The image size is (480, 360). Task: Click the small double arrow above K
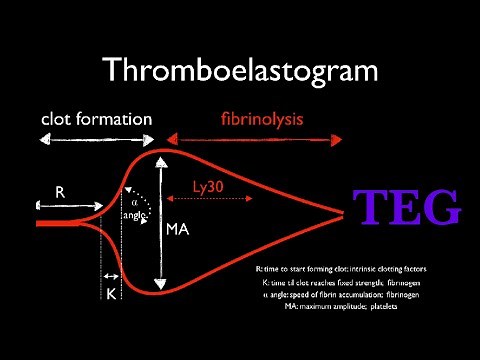pyautogui.click(x=112, y=273)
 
